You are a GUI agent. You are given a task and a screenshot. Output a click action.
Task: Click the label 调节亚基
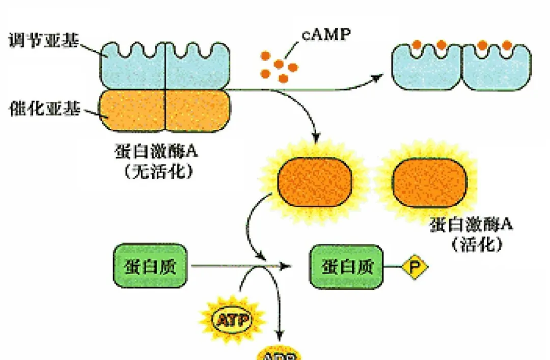point(44,41)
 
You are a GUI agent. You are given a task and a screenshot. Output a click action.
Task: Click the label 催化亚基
point(44,109)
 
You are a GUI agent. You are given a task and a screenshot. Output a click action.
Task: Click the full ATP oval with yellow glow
point(232,320)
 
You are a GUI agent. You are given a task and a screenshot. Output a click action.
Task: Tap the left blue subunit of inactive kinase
point(132,67)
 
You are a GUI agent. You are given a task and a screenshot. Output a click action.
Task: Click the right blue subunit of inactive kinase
point(197,67)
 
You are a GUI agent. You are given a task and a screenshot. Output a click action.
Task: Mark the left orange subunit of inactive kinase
point(132,110)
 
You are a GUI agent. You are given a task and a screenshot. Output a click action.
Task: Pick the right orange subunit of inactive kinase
point(198,110)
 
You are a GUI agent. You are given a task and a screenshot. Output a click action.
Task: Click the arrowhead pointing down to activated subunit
point(317,137)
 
